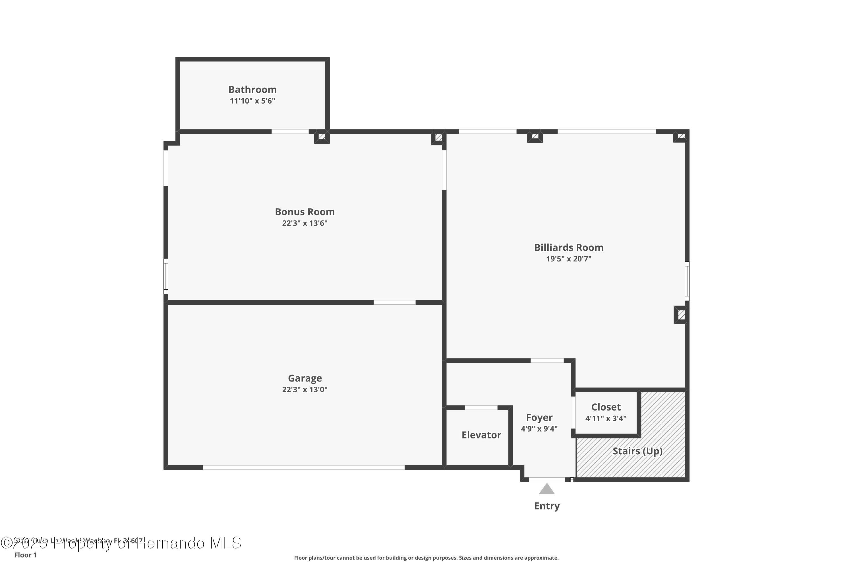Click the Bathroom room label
[252, 89]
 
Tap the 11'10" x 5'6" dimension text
[252, 101]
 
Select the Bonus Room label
[305, 212]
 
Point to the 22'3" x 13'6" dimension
[305, 223]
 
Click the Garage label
[305, 378]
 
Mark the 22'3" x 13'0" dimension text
[305, 389]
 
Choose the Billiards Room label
[569, 248]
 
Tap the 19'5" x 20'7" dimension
[569, 259]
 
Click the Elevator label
[481, 435]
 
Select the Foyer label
[539, 417]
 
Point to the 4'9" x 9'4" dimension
[539, 428]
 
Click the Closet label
[606, 407]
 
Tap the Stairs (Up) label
[637, 451]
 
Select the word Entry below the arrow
[546, 506]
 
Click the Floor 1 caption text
[25, 555]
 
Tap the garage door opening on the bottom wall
[304, 467]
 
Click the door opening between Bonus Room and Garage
[395, 302]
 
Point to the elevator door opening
[481, 407]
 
